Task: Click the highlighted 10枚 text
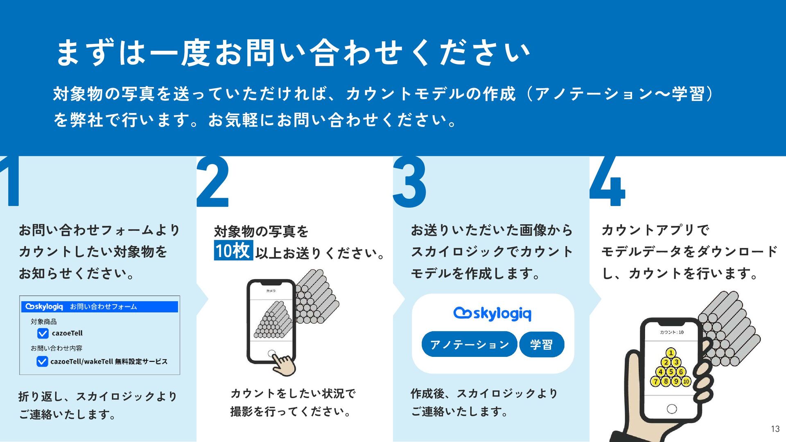coord(233,250)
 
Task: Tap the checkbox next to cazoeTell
coord(43,334)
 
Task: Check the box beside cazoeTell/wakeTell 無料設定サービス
coord(42,361)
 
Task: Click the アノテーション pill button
coord(469,344)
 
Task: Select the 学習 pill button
coord(541,344)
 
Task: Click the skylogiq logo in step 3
coord(492,313)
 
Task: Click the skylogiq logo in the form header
coord(44,307)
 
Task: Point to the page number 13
coord(775,429)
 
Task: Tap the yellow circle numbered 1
coord(671,352)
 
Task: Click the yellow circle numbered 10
coord(686,381)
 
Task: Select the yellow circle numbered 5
coord(671,372)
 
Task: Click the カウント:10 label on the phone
coord(671,332)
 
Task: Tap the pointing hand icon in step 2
coord(285,364)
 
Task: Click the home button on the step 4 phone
coord(672,408)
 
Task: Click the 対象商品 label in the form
coord(44,322)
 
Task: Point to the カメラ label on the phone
coord(271,291)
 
